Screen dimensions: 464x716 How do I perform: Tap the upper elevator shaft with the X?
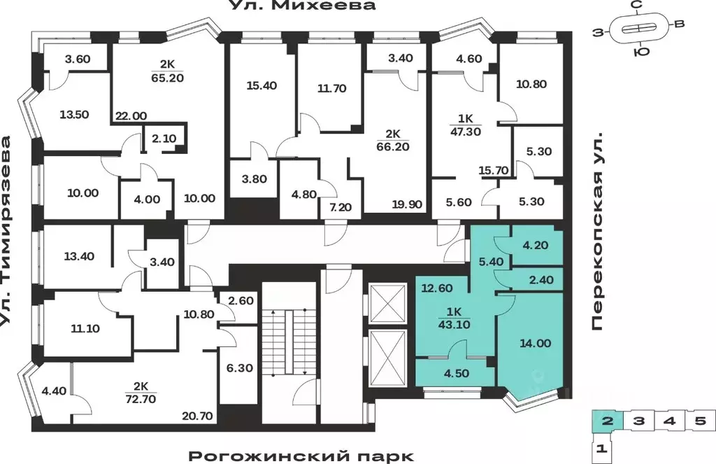pyautogui.click(x=387, y=302)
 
